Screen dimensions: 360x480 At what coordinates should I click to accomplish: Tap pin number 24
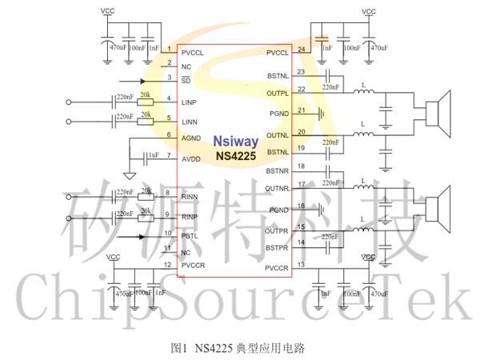click(301, 50)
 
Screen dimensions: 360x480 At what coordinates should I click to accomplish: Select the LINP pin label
click(189, 103)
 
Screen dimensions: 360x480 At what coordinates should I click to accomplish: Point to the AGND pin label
click(191, 138)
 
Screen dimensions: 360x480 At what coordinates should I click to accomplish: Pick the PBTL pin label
click(190, 235)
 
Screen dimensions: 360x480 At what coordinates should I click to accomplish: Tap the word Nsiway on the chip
click(235, 142)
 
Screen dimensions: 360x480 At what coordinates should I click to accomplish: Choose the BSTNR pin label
click(277, 171)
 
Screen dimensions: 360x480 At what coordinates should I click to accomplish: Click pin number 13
click(301, 265)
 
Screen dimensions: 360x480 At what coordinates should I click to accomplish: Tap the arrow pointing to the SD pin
click(132, 82)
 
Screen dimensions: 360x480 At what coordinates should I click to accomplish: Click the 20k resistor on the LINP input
click(146, 102)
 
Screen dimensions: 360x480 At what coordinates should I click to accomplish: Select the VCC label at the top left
click(107, 12)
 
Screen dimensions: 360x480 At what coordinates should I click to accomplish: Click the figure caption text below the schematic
click(238, 348)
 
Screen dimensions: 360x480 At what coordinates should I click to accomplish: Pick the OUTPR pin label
click(277, 231)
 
